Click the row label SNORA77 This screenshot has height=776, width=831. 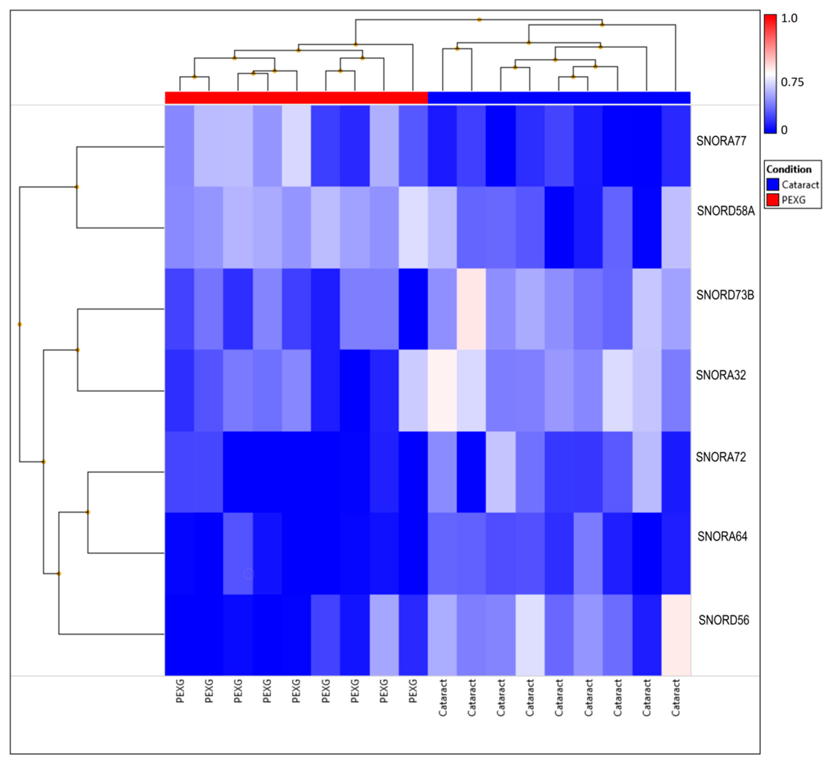pyautogui.click(x=721, y=141)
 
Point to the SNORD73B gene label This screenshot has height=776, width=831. pyautogui.click(x=725, y=295)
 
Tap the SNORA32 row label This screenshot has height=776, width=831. pyautogui.click(x=721, y=375)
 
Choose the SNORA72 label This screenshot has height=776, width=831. pyautogui.click(x=721, y=457)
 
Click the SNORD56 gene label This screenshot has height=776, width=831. pyautogui.click(x=724, y=620)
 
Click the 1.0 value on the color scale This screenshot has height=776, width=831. pyautogui.click(x=789, y=18)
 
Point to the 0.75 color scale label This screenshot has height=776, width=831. pyautogui.click(x=792, y=82)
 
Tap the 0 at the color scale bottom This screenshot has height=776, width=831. pyautogui.click(x=784, y=130)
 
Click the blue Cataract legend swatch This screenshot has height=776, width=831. pyautogui.click(x=773, y=184)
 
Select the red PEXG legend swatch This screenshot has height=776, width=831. pyautogui.click(x=773, y=200)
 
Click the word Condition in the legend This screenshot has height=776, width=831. pyautogui.click(x=788, y=169)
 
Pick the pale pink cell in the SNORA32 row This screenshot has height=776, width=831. pyautogui.click(x=442, y=390)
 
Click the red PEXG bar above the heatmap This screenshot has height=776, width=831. pyautogui.click(x=296, y=97)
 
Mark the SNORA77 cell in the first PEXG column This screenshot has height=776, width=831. pyautogui.click(x=180, y=146)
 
